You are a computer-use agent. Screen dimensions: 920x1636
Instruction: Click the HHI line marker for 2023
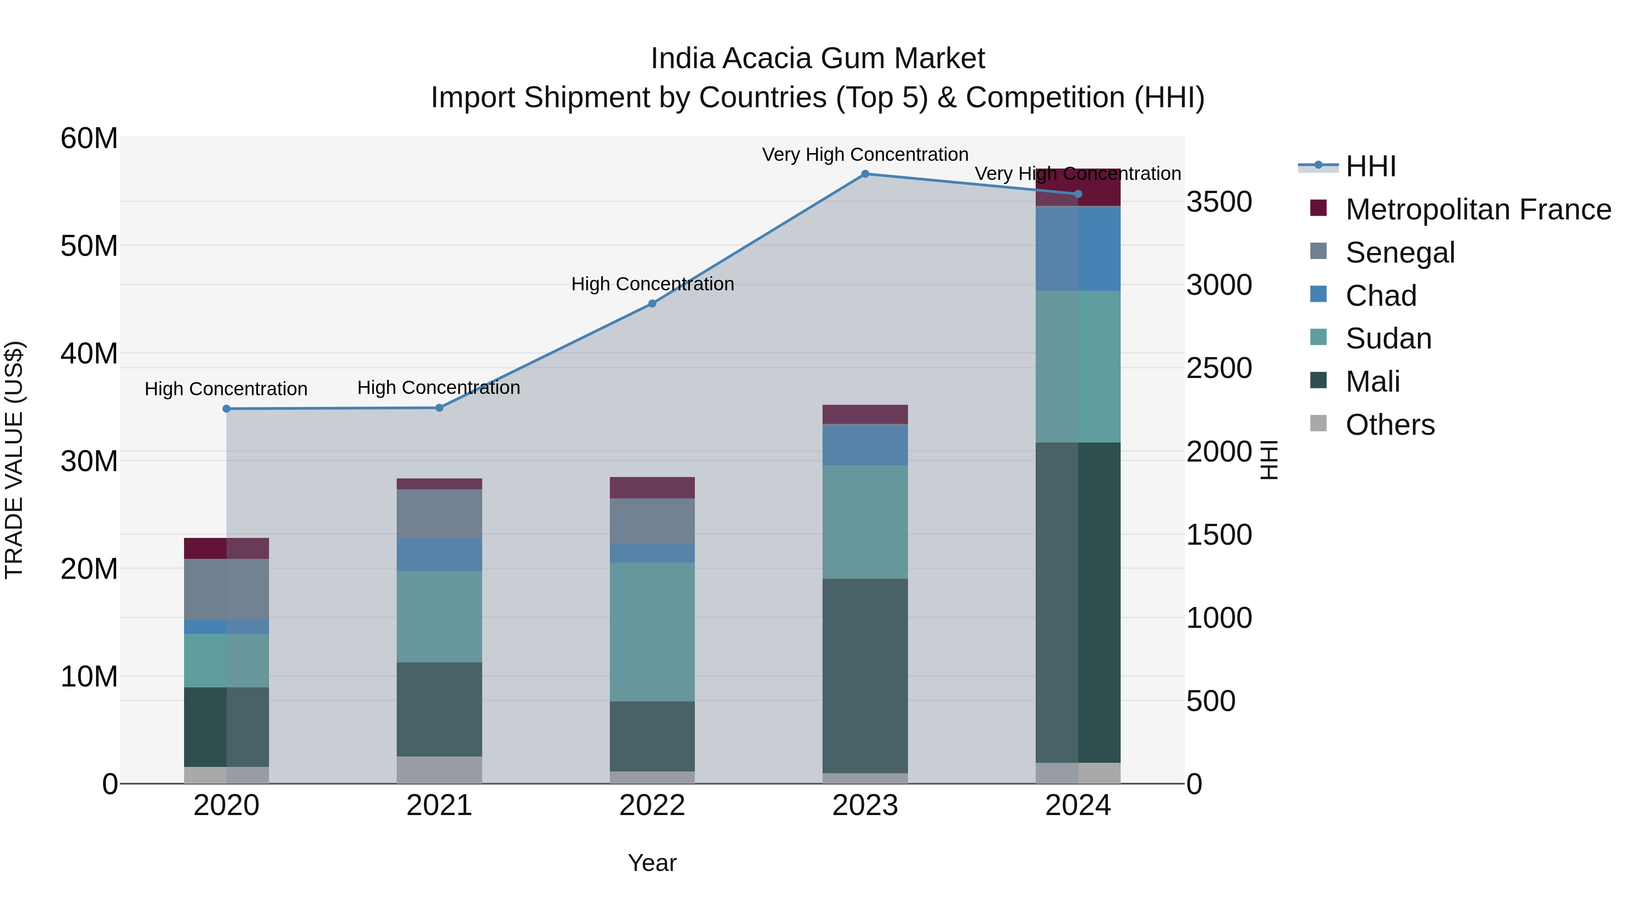click(865, 174)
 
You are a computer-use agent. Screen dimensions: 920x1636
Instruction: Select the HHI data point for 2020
click(227, 409)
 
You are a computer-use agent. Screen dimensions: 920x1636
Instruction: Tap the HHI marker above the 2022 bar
click(652, 303)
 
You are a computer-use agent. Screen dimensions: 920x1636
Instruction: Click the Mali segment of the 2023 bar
click(865, 676)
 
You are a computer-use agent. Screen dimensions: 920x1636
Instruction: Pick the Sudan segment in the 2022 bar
click(652, 632)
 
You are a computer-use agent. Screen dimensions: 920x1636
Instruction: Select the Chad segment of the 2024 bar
click(1078, 249)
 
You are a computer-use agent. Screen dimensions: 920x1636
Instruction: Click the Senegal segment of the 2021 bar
click(439, 514)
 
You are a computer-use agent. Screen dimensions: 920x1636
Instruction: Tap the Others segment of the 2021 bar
click(439, 770)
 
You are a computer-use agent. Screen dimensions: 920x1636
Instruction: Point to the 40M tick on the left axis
click(89, 353)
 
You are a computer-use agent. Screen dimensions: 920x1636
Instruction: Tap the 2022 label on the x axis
click(652, 806)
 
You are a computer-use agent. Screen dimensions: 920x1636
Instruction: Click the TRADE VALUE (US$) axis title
click(14, 460)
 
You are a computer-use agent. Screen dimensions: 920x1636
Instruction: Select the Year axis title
click(652, 863)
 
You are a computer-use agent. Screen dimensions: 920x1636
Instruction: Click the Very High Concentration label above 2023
click(865, 154)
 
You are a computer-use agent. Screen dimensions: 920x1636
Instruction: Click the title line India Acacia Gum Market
click(818, 59)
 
